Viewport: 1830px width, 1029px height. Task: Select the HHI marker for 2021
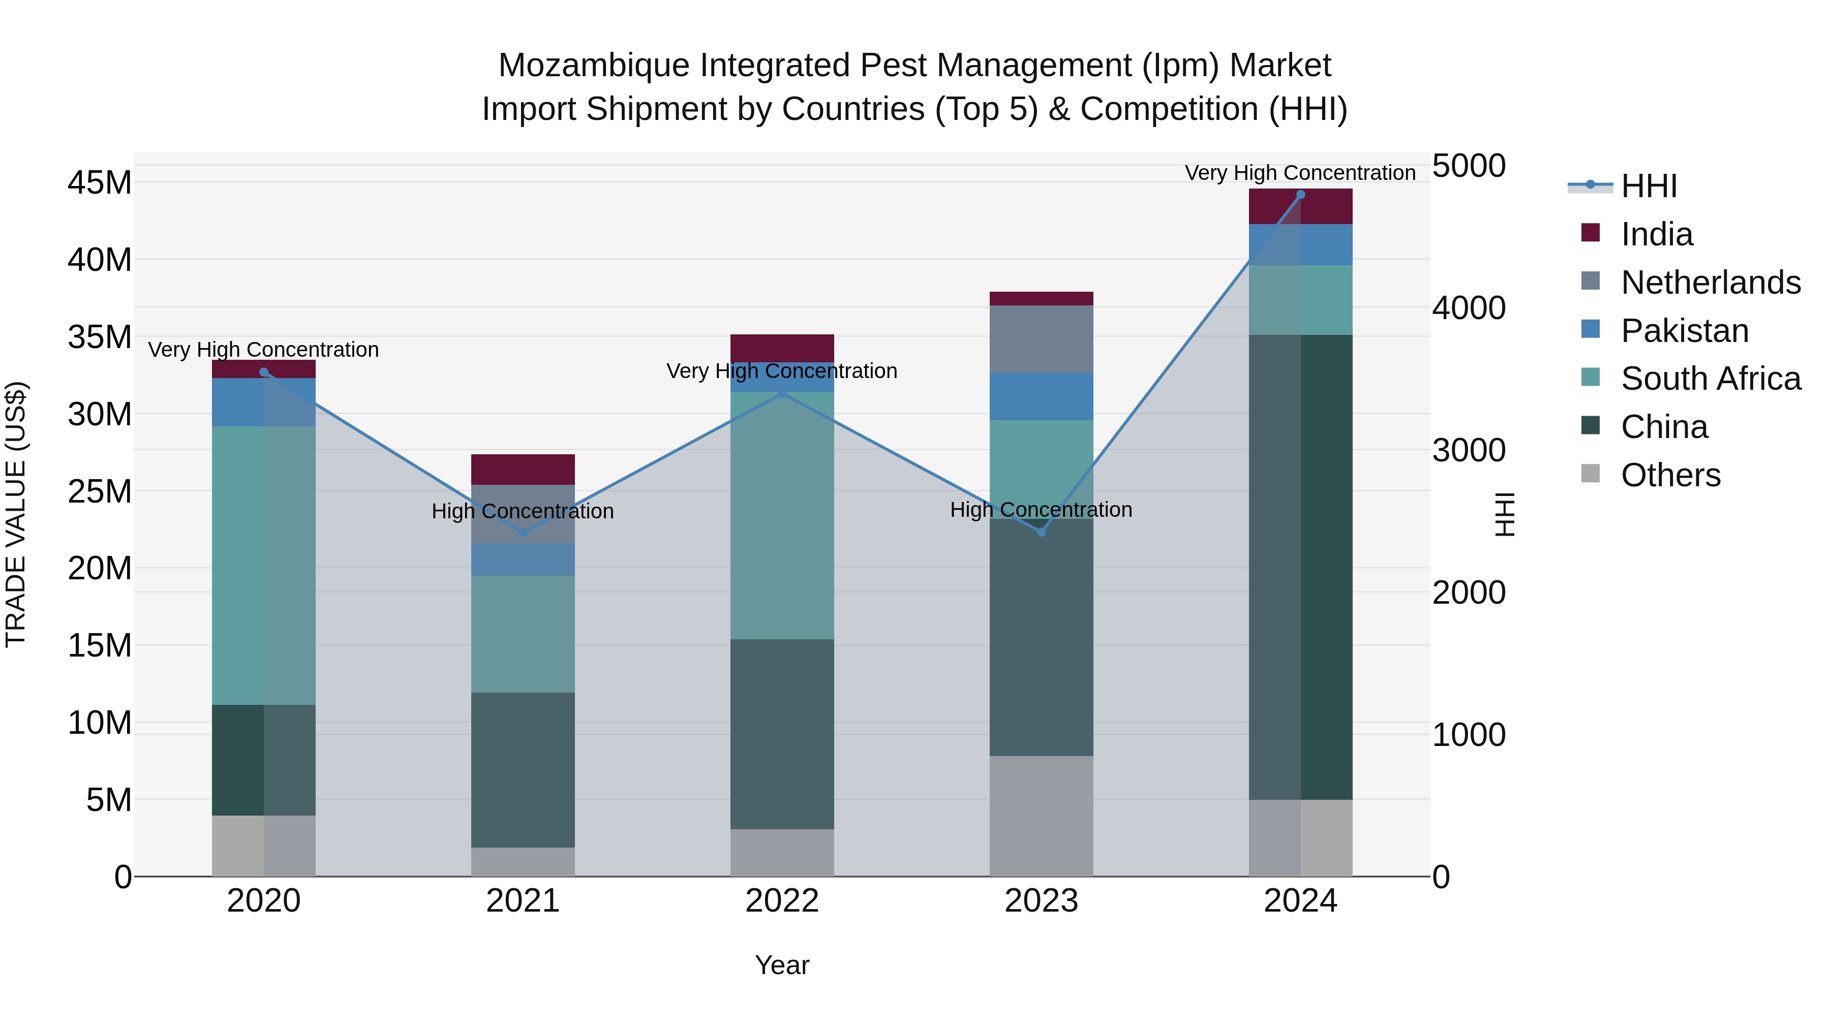point(523,533)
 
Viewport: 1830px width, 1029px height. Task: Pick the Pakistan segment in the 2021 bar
point(523,559)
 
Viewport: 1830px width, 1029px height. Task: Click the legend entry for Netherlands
point(1711,282)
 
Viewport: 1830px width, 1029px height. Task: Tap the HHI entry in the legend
point(1648,186)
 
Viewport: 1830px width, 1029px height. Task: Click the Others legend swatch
point(1591,474)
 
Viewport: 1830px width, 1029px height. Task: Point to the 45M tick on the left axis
point(100,182)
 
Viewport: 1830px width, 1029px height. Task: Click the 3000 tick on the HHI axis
point(1468,450)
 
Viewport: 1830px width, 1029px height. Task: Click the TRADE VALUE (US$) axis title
point(16,514)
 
